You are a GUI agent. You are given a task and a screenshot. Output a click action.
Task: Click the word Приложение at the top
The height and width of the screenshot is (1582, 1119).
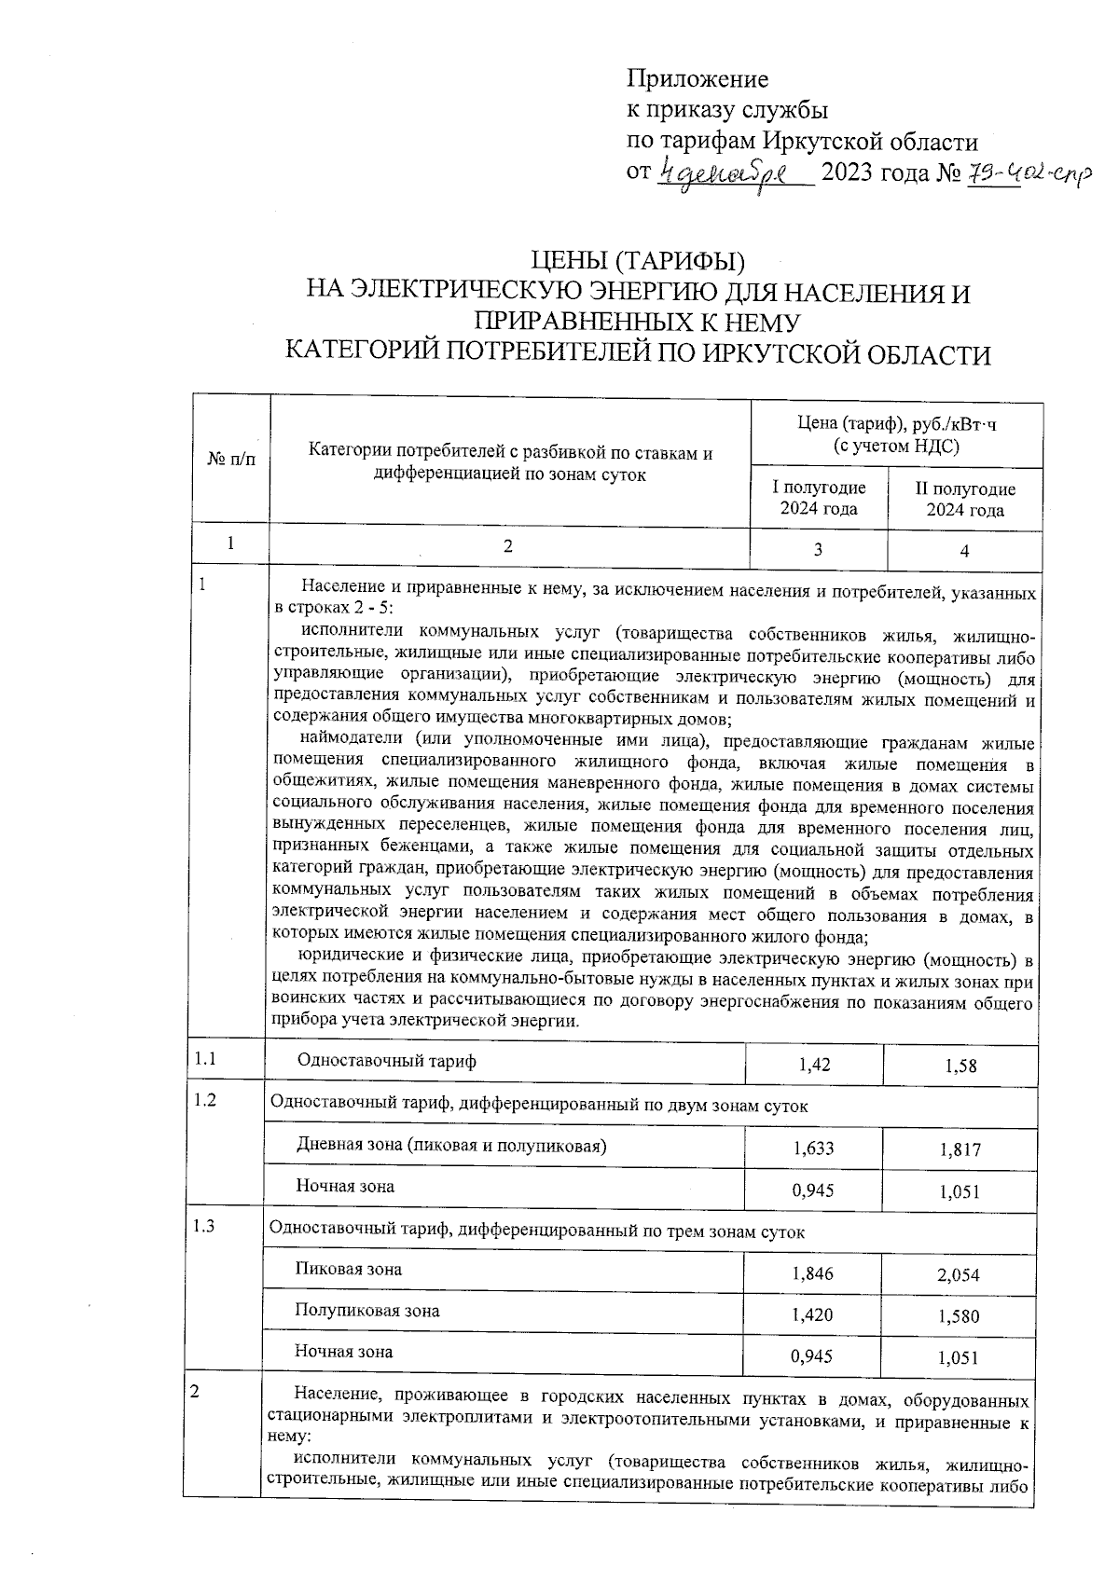pyautogui.click(x=697, y=79)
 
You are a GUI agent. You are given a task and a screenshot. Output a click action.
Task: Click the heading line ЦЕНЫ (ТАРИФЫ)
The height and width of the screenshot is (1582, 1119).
pyautogui.click(x=638, y=264)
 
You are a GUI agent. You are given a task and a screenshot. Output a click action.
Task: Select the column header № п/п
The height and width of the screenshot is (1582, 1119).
pyautogui.click(x=230, y=460)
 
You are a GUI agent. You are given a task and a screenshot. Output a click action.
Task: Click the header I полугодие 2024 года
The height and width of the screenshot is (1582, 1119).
pyautogui.click(x=818, y=499)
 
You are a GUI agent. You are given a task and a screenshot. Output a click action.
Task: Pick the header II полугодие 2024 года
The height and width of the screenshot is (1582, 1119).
pyautogui.click(x=964, y=500)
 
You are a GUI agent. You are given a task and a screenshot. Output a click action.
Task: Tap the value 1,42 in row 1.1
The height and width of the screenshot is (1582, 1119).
pyautogui.click(x=815, y=1065)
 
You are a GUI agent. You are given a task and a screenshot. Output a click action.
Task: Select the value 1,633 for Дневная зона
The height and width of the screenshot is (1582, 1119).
pyautogui.click(x=813, y=1149)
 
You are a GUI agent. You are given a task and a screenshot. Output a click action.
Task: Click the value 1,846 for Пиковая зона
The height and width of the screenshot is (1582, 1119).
pyautogui.click(x=812, y=1273)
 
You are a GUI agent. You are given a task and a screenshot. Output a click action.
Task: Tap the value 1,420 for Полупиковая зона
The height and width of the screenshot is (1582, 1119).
pyautogui.click(x=812, y=1315)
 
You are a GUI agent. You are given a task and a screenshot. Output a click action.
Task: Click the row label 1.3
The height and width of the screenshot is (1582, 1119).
pyautogui.click(x=204, y=1227)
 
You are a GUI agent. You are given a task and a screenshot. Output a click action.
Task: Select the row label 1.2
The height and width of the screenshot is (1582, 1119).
pyautogui.click(x=204, y=1100)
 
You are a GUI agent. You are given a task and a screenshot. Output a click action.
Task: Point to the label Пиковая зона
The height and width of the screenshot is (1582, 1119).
pyautogui.click(x=349, y=1269)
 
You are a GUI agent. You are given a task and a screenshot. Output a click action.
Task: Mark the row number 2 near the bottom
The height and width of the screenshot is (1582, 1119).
pyautogui.click(x=195, y=1393)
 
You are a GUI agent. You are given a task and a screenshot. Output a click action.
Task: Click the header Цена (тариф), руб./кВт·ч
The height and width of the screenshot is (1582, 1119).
pyautogui.click(x=896, y=424)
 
